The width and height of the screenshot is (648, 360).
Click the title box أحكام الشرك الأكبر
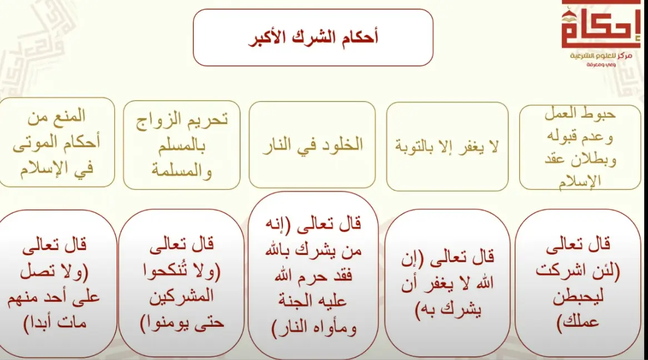click(x=313, y=38)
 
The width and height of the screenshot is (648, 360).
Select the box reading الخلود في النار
click(x=312, y=144)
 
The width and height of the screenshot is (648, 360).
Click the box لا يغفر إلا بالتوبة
click(x=447, y=146)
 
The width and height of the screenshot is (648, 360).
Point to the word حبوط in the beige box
click(x=600, y=114)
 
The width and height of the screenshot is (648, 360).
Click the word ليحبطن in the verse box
click(x=578, y=297)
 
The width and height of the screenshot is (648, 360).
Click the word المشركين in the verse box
click(x=181, y=297)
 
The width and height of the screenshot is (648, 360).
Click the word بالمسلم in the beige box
click(x=182, y=146)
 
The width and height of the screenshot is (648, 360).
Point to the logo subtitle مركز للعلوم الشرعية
click(x=601, y=56)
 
